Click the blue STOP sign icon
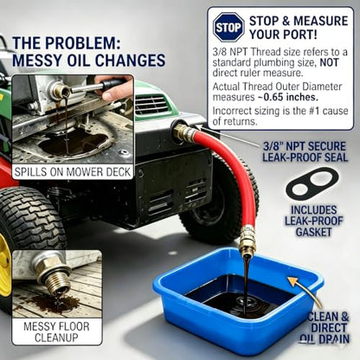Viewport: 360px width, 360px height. (x=228, y=28)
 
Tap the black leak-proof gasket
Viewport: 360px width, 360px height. (x=312, y=184)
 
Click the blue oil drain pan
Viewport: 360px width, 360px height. (x=237, y=299)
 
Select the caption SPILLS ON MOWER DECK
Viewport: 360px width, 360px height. (x=73, y=172)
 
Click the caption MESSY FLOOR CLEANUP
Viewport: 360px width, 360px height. (x=56, y=331)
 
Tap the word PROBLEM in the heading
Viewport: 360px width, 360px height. (x=81, y=43)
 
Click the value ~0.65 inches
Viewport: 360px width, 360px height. (x=288, y=97)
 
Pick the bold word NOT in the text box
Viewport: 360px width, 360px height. (x=329, y=62)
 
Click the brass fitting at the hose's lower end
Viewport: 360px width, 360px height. (x=247, y=241)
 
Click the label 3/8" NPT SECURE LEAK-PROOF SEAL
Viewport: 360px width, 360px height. (x=305, y=151)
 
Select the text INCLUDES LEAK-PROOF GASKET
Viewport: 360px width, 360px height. (x=314, y=221)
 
